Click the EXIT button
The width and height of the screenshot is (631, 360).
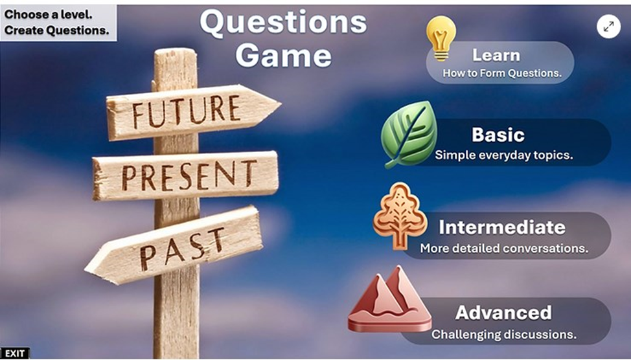15,354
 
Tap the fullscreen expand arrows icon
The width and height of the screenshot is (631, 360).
608,27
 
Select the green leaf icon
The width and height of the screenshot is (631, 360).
409,134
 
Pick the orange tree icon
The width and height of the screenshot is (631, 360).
399,216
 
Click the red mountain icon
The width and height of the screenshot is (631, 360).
389,299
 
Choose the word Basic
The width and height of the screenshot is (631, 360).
498,135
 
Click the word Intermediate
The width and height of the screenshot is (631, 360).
502,227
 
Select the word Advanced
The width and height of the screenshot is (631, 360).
503,313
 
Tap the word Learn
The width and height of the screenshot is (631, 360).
496,55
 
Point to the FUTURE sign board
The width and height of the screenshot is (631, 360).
193,112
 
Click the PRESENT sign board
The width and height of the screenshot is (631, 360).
185,175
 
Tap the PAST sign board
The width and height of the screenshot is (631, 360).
174,245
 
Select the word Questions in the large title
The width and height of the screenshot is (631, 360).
283,22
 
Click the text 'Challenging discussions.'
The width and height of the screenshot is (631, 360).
504,334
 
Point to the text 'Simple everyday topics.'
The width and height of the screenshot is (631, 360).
504,155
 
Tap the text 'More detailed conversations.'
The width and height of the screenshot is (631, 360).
504,248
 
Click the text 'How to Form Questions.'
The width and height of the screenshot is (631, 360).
502,73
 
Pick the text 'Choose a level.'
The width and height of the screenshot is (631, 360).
49,14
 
